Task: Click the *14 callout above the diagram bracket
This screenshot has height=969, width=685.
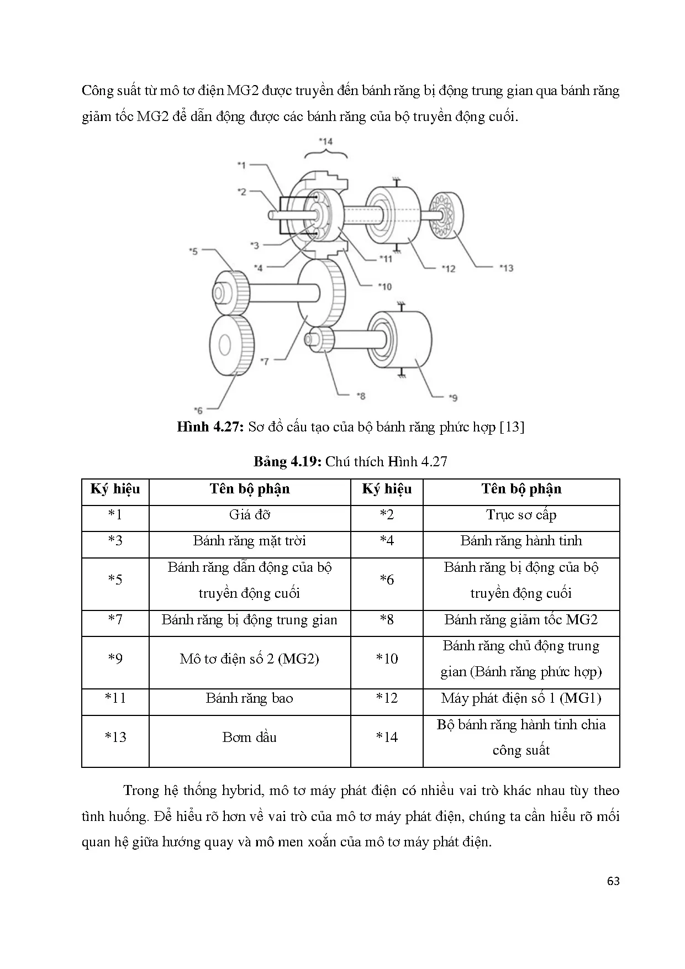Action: [326, 141]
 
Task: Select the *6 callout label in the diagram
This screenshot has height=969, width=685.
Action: [198, 410]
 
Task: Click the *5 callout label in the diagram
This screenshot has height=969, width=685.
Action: [193, 251]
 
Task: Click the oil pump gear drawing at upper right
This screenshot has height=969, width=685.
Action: [446, 215]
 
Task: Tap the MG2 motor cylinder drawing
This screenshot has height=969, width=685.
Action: [401, 340]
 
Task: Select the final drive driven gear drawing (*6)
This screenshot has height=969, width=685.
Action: [231, 346]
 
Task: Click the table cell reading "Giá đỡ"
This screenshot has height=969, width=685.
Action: [250, 515]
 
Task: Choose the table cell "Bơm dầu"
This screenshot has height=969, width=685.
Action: [250, 737]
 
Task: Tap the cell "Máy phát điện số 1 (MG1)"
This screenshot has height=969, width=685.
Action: [521, 698]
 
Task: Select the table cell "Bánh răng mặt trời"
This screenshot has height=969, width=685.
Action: [250, 541]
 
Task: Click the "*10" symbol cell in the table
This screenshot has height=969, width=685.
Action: [387, 659]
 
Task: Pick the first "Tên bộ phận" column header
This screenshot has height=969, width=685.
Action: [250, 489]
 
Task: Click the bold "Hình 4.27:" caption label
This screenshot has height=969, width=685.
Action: [209, 427]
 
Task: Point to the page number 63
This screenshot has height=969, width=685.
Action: [613, 881]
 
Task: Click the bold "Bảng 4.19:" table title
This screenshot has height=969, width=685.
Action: [287, 462]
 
